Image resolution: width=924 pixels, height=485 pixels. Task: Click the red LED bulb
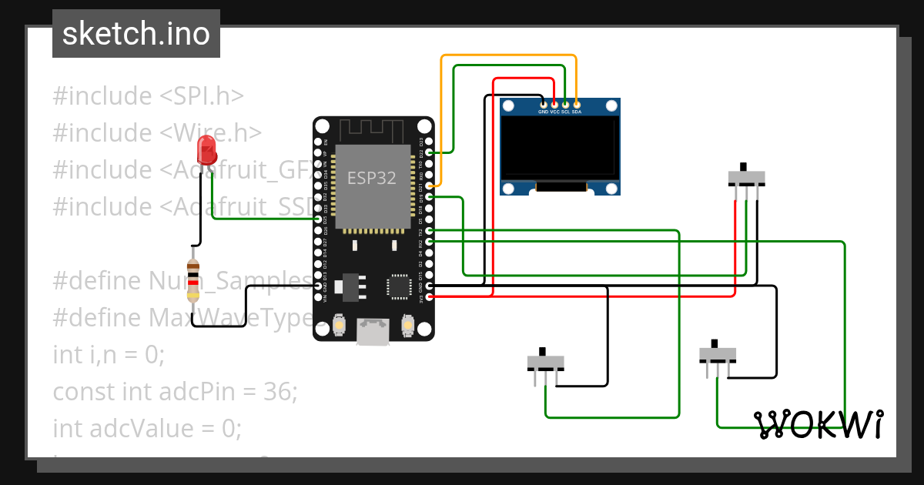[206, 147]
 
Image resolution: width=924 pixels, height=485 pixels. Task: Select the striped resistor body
[193, 279]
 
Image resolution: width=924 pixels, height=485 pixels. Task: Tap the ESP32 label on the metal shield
[372, 178]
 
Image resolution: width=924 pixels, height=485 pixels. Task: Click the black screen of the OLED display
[560, 146]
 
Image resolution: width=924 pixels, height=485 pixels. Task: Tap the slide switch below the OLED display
[746, 178]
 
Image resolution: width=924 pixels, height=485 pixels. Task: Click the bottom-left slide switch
[545, 362]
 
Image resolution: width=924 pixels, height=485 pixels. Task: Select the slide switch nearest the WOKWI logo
[717, 355]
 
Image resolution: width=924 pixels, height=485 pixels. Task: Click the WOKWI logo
[818, 424]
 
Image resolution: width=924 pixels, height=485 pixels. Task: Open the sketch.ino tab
[136, 34]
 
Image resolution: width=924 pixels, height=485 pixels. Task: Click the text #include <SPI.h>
[148, 96]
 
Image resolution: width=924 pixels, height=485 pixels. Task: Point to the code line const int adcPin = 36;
[175, 392]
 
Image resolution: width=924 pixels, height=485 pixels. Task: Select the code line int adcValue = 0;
[146, 428]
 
